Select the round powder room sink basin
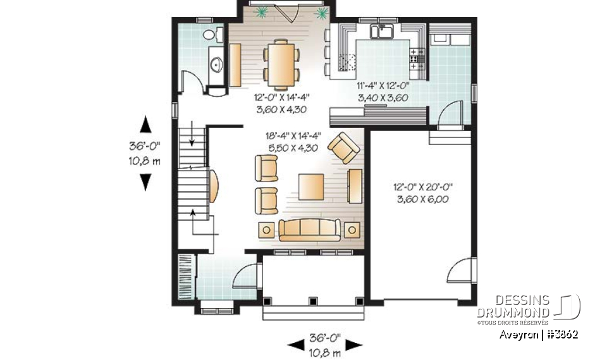click(216, 63)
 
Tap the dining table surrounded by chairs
click(283, 63)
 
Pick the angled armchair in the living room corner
click(343, 147)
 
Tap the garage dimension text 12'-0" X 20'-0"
click(424, 187)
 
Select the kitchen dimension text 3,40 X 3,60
click(383, 97)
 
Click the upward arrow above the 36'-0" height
click(145, 123)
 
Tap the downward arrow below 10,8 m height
click(145, 182)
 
